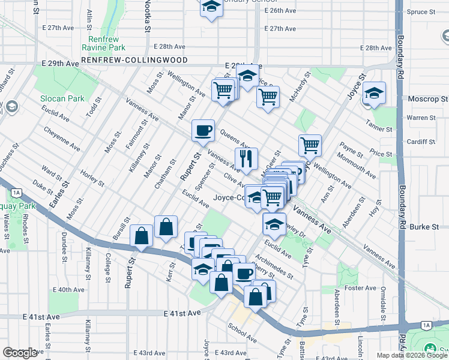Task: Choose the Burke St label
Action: coord(427,227)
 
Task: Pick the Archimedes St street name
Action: coord(274,268)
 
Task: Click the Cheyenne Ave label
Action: coord(62,139)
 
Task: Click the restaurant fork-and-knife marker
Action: coord(246,158)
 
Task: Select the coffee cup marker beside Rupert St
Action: coord(203,130)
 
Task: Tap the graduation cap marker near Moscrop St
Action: coord(375,93)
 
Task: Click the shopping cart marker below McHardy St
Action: coord(310,144)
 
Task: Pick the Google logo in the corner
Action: coord(20,352)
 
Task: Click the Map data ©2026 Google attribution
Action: coord(412,355)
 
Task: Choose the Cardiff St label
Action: coord(420,142)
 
